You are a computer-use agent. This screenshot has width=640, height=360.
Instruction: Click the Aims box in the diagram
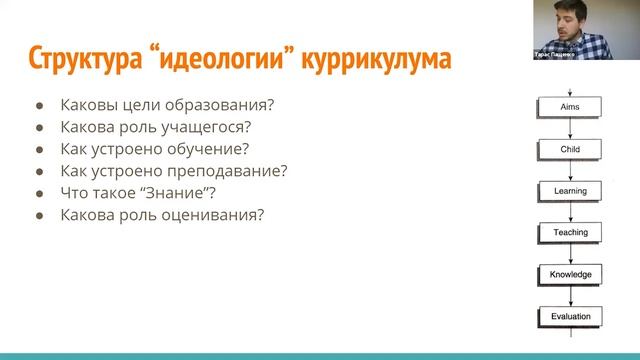tap(570, 107)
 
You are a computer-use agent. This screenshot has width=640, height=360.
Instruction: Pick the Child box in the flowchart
tap(570, 149)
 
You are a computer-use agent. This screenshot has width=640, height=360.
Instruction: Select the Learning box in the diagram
tap(570, 190)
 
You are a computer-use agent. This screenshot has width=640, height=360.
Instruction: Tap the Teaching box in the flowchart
tap(570, 232)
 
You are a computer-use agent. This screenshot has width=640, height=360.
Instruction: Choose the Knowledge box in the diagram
tap(570, 274)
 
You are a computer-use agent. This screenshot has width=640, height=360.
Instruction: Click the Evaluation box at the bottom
tap(570, 317)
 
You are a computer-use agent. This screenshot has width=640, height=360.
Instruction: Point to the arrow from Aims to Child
tap(570, 128)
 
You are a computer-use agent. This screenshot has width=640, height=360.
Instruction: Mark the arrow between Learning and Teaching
tap(570, 211)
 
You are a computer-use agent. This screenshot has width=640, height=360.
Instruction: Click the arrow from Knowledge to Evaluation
tap(570, 296)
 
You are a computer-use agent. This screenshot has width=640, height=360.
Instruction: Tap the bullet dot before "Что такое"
tap(40, 193)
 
